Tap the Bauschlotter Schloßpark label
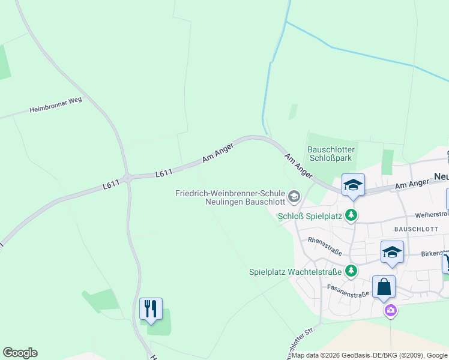click(x=331, y=154)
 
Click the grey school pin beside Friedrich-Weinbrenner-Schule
click(x=294, y=196)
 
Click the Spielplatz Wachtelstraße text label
click(x=295, y=272)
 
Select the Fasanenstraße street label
click(x=348, y=290)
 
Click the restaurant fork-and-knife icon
click(x=151, y=308)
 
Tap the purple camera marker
click(x=391, y=310)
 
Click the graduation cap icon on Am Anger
click(x=353, y=184)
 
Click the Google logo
click(x=20, y=353)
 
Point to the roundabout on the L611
click(x=127, y=177)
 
